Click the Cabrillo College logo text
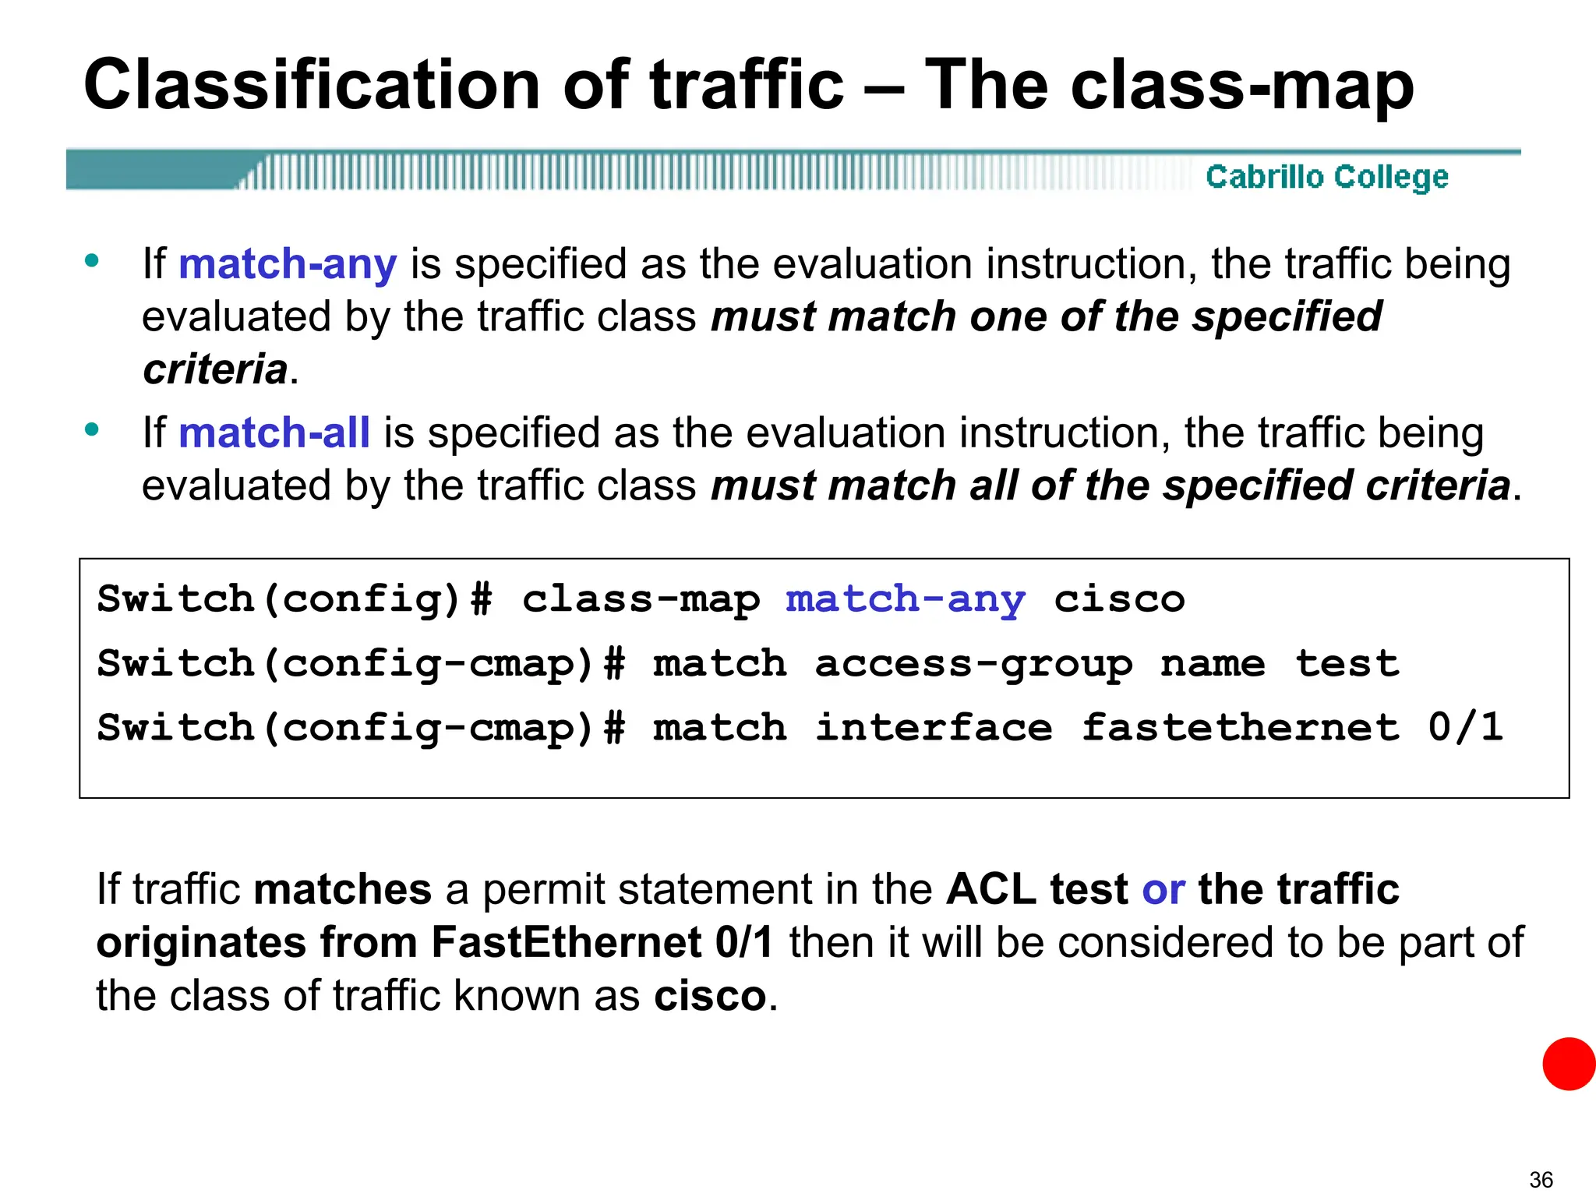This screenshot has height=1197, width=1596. click(x=1326, y=177)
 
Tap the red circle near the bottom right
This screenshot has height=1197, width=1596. click(x=1568, y=1064)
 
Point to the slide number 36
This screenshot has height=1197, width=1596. click(x=1541, y=1179)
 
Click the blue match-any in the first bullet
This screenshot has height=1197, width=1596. click(x=288, y=264)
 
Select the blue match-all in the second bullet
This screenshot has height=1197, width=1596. click(x=274, y=433)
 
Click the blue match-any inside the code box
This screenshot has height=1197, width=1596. click(x=905, y=600)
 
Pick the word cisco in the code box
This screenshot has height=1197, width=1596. click(x=1119, y=600)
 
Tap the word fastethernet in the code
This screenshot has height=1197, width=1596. click(x=1241, y=728)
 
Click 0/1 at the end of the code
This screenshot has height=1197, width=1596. click(x=1465, y=728)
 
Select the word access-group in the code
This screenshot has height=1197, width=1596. click(x=973, y=665)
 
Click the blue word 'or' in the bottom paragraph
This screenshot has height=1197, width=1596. click(x=1163, y=890)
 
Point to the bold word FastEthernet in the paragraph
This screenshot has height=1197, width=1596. click(x=567, y=943)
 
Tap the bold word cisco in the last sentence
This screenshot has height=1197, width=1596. click(x=710, y=997)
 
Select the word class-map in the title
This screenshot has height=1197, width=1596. click(x=1242, y=86)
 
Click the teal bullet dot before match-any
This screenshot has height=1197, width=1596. click(x=92, y=261)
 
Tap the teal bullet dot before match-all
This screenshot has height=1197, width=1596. click(x=92, y=429)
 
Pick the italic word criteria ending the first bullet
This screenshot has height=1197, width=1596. click(x=215, y=369)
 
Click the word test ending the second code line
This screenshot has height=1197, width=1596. click(x=1347, y=665)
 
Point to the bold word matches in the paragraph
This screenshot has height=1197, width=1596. click(x=343, y=890)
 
